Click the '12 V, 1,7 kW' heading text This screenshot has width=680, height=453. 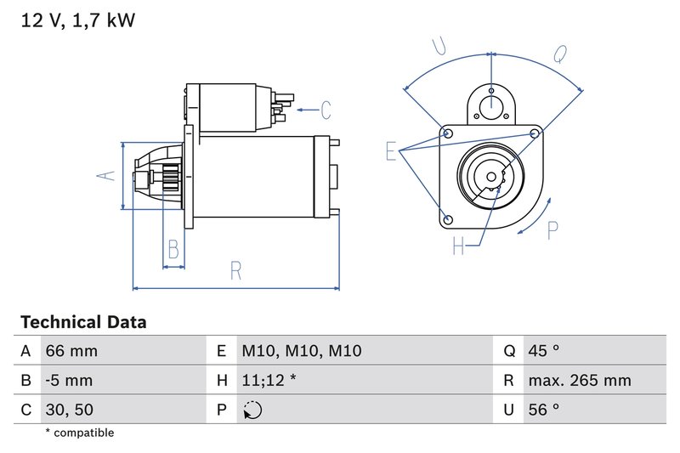[77, 20]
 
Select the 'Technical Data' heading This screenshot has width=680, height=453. [83, 322]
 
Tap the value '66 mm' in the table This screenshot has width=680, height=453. [71, 351]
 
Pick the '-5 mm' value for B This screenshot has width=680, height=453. [70, 381]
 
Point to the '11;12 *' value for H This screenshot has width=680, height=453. [269, 381]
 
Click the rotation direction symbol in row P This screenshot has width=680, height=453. [252, 411]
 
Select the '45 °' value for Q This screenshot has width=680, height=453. [543, 351]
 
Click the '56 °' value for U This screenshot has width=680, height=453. [543, 410]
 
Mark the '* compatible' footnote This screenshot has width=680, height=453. [79, 433]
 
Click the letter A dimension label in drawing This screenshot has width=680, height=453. [105, 175]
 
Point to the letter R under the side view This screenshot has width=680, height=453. [235, 271]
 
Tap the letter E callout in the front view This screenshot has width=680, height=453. [391, 151]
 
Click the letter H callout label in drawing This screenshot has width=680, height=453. [458, 246]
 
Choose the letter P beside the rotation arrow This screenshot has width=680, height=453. [553, 230]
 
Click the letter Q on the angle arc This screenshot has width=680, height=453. [559, 54]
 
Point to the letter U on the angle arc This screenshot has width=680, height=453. [439, 48]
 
